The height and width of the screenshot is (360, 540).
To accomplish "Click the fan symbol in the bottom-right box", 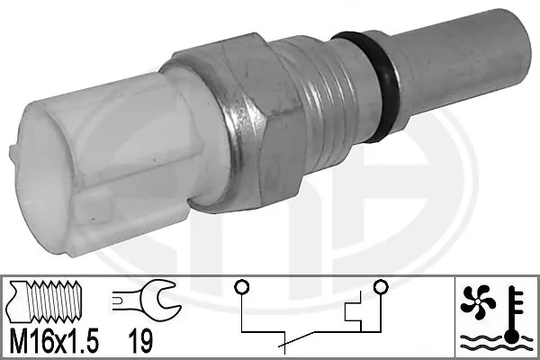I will tap(479, 301).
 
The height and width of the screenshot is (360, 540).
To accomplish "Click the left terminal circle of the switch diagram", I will tap(241, 288).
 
